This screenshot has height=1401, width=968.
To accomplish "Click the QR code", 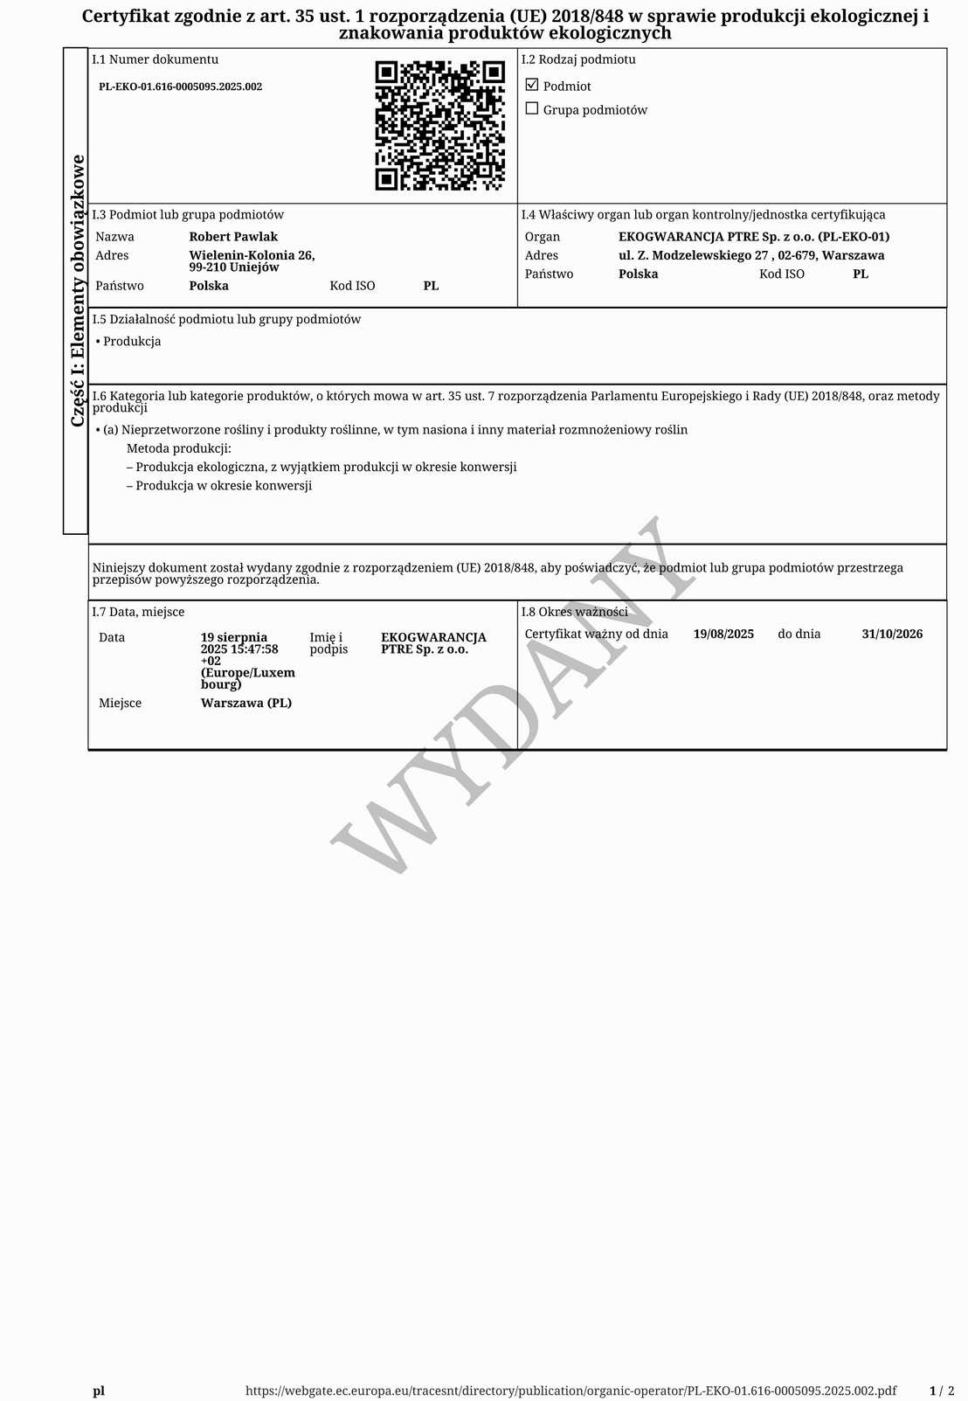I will click(439, 125).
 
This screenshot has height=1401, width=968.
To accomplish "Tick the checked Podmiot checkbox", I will click(532, 85).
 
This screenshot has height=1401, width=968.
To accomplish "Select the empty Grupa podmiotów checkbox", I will click(532, 108).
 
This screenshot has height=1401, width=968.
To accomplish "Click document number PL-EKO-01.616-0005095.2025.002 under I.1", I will click(180, 87).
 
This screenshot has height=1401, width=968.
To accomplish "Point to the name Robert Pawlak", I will click(233, 237).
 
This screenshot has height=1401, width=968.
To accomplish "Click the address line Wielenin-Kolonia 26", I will click(252, 255).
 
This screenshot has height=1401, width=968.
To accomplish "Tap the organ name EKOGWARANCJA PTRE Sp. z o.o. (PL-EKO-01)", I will click(753, 237).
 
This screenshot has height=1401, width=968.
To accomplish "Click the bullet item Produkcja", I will click(131, 342).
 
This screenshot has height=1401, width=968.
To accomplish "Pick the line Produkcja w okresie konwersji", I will click(223, 486).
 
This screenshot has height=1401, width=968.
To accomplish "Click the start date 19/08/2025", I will click(723, 634).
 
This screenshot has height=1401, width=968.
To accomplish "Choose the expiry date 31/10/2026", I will click(892, 634).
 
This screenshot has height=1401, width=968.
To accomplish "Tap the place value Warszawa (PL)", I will click(246, 703).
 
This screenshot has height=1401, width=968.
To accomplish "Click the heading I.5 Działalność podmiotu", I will click(226, 319).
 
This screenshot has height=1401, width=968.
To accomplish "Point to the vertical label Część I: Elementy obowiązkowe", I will click(77, 290).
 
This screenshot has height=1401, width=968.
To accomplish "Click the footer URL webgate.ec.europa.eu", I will click(570, 1391).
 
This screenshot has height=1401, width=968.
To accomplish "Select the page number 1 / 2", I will click(941, 1391).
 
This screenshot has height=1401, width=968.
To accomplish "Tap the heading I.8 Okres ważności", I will click(574, 612).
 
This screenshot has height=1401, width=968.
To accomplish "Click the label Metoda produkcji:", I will click(179, 448).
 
